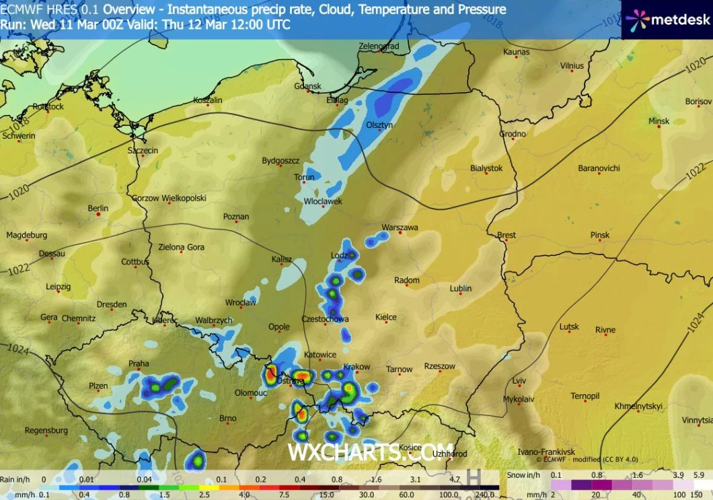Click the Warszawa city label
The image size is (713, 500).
[400, 227]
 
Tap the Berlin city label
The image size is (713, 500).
[98, 209]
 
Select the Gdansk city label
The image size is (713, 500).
[308, 86]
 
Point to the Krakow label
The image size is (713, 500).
[356, 367]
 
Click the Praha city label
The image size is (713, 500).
[139, 364]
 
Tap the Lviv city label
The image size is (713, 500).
[519, 381]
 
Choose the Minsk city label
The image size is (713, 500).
[659, 121]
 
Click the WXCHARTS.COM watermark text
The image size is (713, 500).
[371, 452]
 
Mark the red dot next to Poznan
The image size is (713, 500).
[236, 223]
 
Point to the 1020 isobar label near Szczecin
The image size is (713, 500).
[20, 192]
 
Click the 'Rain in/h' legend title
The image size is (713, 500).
[15, 479]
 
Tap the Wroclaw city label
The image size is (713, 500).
[240, 303]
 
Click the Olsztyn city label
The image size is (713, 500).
[379, 125]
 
